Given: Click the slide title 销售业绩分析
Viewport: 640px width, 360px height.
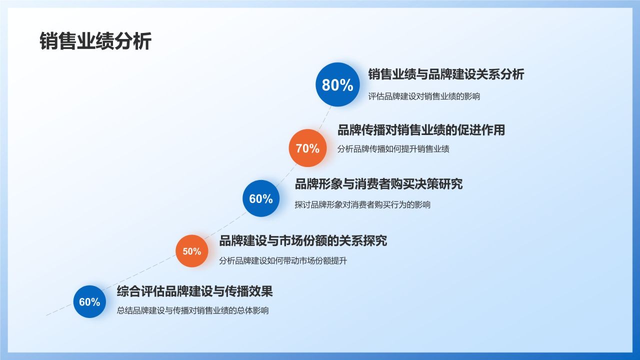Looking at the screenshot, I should tap(95, 41).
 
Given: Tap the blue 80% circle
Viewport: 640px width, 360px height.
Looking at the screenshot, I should tap(337, 85).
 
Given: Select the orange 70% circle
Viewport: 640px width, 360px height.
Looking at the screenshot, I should tap(307, 148).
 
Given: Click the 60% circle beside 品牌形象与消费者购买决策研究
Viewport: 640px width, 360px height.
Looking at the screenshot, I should tap(261, 198).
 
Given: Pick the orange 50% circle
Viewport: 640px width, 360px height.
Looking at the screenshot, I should tap(191, 251).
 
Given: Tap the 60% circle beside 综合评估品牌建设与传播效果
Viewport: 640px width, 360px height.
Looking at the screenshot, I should tap(90, 301).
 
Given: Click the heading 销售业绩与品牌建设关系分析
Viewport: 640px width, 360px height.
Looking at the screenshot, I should tap(446, 74).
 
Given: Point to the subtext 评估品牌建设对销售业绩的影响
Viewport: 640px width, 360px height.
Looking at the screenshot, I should tap(424, 96).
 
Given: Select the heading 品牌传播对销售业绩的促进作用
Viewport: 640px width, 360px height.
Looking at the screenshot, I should tap(421, 130).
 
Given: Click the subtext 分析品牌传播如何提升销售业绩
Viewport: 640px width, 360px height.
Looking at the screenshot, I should tap(393, 149).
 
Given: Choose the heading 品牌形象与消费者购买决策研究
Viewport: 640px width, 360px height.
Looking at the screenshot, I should tap(378, 184).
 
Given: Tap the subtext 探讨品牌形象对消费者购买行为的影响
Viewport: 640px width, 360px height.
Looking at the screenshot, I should tap(362, 204).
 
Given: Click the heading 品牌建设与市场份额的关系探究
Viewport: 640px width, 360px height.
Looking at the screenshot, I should tap(303, 240).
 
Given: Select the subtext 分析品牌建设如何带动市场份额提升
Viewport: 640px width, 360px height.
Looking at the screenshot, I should tap(283, 260).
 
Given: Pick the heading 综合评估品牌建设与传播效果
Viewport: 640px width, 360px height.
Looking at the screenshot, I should tap(194, 291).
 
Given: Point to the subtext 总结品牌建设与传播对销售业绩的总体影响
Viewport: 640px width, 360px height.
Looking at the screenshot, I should tap(192, 310).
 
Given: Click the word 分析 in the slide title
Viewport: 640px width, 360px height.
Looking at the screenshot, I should tap(132, 41).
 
